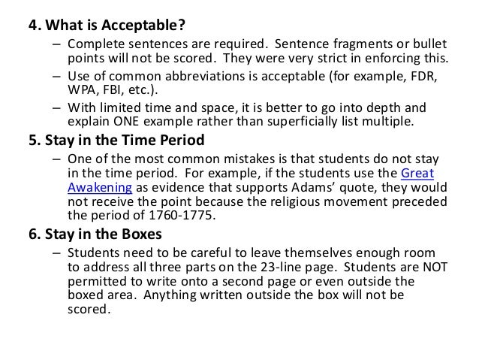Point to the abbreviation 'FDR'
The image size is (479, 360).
pos(425,78)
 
